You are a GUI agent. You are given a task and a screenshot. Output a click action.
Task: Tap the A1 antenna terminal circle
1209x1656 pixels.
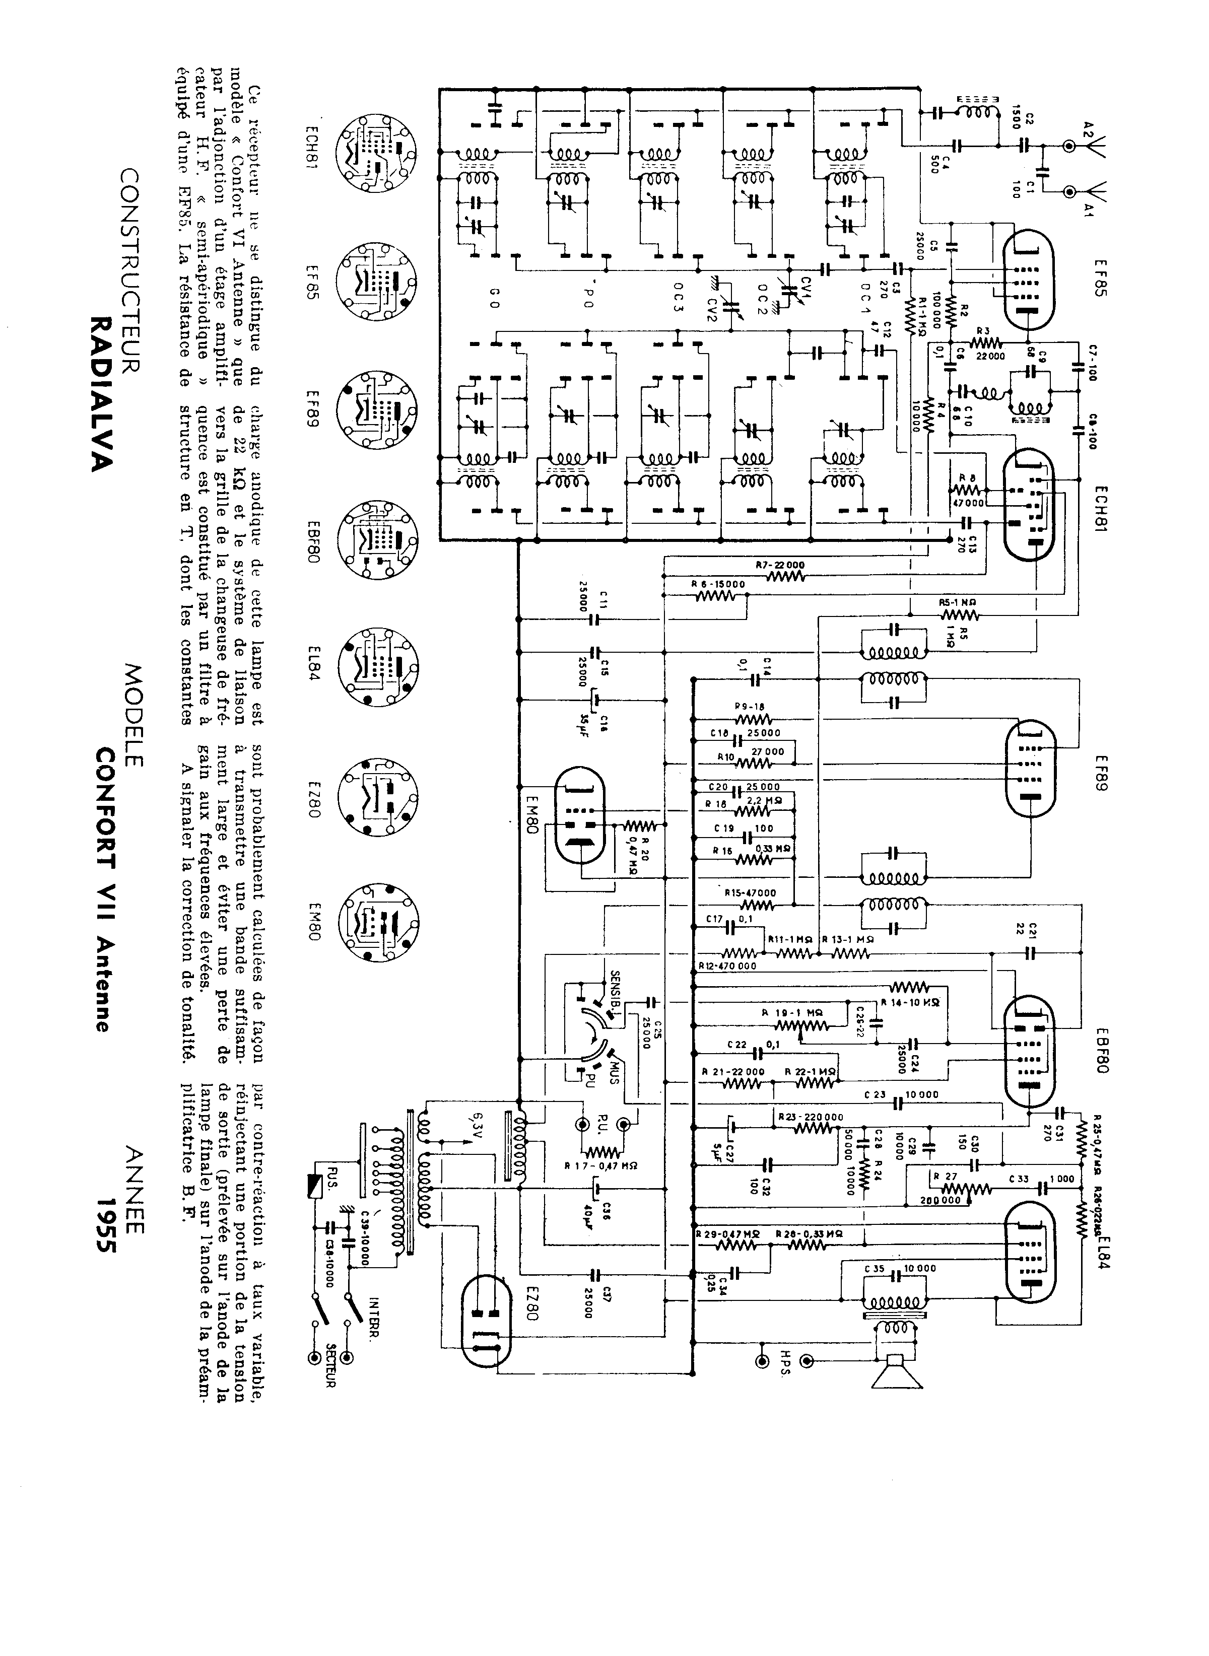[1070, 192]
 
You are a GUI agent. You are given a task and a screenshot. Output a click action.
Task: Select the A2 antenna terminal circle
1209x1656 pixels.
[1070, 147]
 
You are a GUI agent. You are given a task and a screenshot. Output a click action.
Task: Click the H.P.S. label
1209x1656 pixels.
[784, 1370]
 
